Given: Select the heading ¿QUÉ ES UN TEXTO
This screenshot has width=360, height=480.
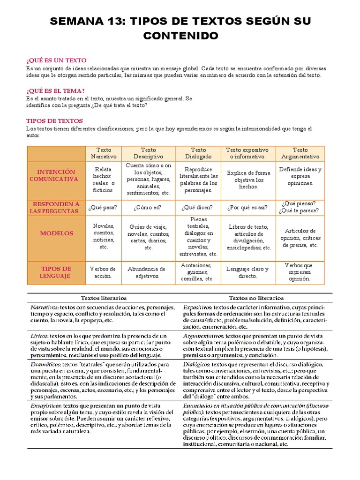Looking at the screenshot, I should [x=56, y=60].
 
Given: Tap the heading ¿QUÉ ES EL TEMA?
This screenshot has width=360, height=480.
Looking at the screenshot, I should [x=56, y=90].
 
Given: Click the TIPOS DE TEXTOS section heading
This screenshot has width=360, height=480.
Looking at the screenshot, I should [x=54, y=120].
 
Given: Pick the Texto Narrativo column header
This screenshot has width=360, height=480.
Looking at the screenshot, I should [x=104, y=153].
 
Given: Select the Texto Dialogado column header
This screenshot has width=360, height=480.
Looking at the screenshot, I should [x=198, y=153].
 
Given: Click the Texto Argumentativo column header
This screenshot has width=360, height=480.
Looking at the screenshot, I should [x=300, y=153].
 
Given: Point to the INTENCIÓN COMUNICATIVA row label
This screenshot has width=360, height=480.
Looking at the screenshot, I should [x=56, y=175].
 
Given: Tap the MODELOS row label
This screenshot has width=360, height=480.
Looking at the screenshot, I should [x=56, y=233].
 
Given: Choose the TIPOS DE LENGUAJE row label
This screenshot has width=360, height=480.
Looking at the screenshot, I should [x=56, y=272].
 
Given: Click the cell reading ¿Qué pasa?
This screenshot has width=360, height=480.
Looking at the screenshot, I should [x=104, y=207].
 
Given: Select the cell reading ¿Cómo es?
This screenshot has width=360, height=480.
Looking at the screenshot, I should [x=148, y=207].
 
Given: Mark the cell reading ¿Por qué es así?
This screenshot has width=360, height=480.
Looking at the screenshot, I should [x=247, y=207].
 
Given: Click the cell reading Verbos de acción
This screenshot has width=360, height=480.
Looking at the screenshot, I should [x=103, y=272].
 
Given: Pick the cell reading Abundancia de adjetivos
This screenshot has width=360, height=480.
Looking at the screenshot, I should [x=147, y=272].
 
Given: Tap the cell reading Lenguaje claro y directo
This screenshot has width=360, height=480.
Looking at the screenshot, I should [x=247, y=272].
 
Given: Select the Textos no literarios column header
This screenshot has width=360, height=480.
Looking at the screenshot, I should [x=256, y=298].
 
